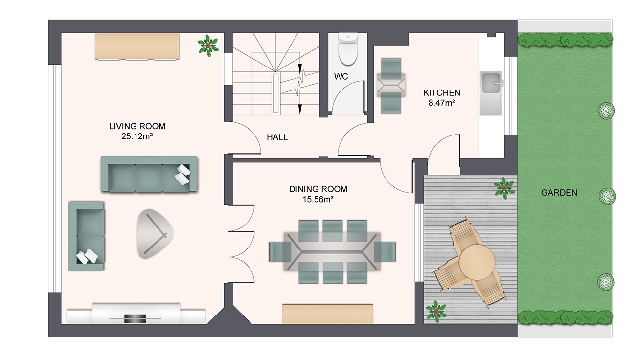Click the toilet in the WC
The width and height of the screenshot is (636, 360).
[x=348, y=49]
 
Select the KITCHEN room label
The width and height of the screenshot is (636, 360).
[x=441, y=92]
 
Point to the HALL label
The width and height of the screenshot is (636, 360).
[x=277, y=137]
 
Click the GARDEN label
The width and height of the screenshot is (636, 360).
[x=559, y=193]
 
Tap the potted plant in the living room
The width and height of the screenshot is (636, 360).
[x=208, y=45]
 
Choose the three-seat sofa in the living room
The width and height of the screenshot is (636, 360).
[x=149, y=175]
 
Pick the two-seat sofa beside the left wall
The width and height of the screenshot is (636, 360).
[x=87, y=236]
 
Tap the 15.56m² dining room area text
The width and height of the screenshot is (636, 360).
[x=318, y=199]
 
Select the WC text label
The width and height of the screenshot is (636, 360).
[x=341, y=77]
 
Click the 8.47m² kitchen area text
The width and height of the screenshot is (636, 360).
[x=442, y=103]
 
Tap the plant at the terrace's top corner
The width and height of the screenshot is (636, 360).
[x=503, y=187]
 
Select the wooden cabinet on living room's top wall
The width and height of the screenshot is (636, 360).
[x=137, y=45]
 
